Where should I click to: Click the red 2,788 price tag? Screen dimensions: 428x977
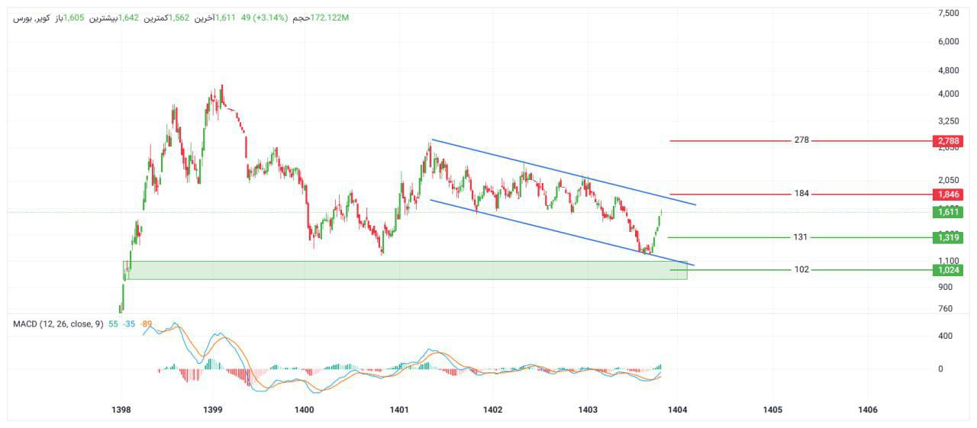coord(947,141)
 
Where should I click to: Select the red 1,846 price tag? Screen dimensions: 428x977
coord(947,195)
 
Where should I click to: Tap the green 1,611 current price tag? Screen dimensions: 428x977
coord(947,212)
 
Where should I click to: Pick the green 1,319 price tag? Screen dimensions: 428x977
coord(947,238)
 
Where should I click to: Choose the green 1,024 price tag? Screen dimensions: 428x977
coord(947,270)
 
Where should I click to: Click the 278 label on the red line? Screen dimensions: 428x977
coord(801,140)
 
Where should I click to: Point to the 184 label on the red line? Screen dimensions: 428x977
coord(801,194)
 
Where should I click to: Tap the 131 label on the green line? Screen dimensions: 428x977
coord(800,237)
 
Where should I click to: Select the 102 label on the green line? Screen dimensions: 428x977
coord(801,269)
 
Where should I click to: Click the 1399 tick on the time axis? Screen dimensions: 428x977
coord(213,410)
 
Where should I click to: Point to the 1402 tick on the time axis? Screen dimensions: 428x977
coord(492,410)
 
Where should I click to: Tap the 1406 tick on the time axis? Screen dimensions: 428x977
coord(868,410)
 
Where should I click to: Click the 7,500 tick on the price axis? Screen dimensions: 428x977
coord(948,14)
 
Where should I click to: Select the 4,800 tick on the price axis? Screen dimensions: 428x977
coord(948,71)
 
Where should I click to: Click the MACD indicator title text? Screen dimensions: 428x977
coord(58,324)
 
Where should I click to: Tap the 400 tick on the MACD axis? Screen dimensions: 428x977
coord(946,336)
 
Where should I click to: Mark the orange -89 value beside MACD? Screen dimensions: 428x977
coord(147,324)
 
